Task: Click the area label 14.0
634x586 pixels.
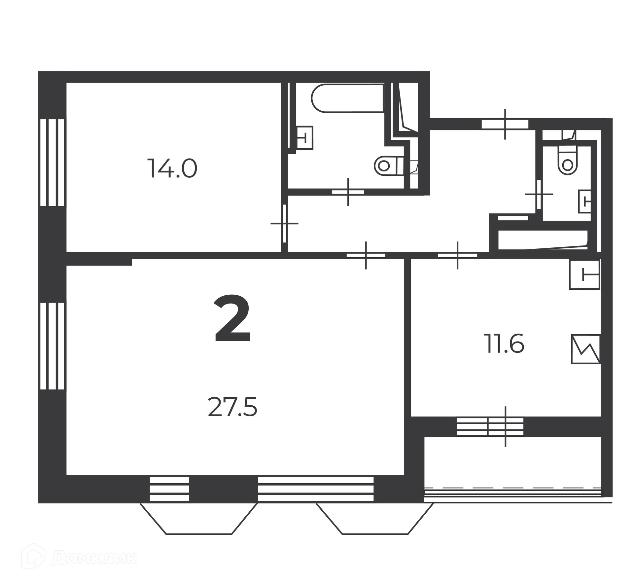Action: pyautogui.click(x=172, y=168)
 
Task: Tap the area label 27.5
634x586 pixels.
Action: pyautogui.click(x=232, y=407)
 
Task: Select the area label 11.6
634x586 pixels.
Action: pyautogui.click(x=504, y=344)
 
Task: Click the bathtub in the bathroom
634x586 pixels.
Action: pyautogui.click(x=347, y=98)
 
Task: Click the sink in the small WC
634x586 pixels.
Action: pyautogui.click(x=584, y=201)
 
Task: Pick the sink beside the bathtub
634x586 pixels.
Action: pyautogui.click(x=304, y=137)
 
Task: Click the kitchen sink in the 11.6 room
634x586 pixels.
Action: pyautogui.click(x=584, y=275)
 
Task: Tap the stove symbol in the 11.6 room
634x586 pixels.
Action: pyautogui.click(x=585, y=349)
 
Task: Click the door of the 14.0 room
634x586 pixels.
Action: pyautogui.click(x=284, y=224)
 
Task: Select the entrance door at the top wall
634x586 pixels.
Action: pyautogui.click(x=505, y=124)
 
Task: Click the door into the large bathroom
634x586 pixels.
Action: pyautogui.click(x=348, y=192)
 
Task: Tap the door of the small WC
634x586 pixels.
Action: pyautogui.click(x=539, y=194)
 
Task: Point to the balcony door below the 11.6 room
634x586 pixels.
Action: pyautogui.click(x=506, y=427)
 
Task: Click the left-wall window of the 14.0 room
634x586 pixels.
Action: pyautogui.click(x=52, y=163)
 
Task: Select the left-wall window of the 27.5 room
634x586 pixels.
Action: pyautogui.click(x=52, y=346)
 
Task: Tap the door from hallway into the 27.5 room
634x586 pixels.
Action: pyautogui.click(x=366, y=255)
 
